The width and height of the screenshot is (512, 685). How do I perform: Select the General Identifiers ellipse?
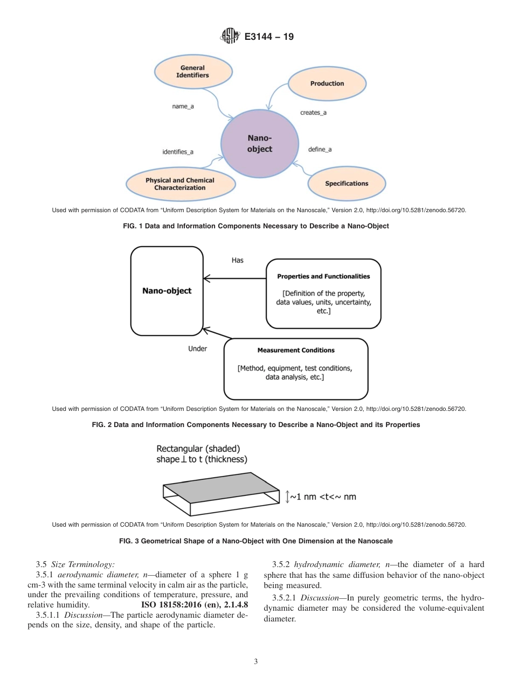pos(192,72)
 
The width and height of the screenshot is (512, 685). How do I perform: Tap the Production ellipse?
pos(327,83)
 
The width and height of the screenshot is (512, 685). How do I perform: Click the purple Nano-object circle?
pos(259,144)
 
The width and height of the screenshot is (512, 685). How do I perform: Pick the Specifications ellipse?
pos(347,184)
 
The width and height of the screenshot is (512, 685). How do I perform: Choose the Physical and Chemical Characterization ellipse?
pos(179,184)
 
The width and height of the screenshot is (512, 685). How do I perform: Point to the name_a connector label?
pos(183,107)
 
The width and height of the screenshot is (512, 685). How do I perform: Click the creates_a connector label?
pos(313,113)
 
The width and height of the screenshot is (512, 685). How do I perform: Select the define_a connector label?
pos(320,149)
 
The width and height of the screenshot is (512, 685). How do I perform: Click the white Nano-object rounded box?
pos(167,291)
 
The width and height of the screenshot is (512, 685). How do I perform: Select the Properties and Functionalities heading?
pos(323,276)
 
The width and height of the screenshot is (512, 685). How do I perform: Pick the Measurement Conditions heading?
pos(296,350)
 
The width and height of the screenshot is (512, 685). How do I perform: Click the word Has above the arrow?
pos(237,260)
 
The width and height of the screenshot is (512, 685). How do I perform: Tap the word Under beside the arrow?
pos(197,348)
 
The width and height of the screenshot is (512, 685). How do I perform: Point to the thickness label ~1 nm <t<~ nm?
pos(322,497)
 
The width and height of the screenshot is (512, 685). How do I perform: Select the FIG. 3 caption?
pos(255,541)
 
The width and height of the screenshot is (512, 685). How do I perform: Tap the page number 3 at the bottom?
pos(256,661)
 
